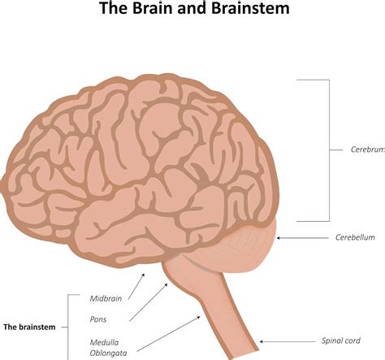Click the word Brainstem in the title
[250, 8]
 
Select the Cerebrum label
[368, 150]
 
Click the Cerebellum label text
[355, 237]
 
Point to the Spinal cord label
[341, 340]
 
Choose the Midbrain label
[106, 298]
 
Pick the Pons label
[98, 319]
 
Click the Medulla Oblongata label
[108, 348]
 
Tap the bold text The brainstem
[29, 327]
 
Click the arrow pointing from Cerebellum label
[302, 238]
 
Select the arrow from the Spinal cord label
[288, 341]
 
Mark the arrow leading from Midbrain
[136, 286]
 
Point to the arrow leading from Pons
[149, 302]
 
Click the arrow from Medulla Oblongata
[168, 334]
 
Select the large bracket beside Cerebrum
[330, 150]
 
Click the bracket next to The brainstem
[67, 327]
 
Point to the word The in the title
[114, 8]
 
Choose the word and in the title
[192, 8]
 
